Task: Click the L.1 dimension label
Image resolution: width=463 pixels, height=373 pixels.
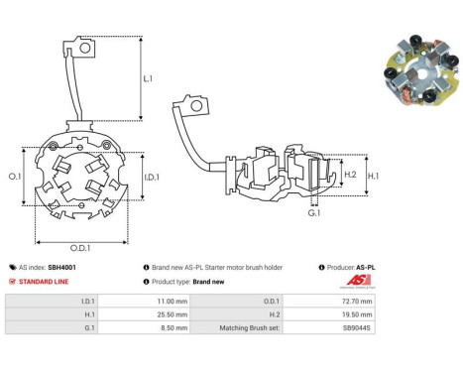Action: (148, 78)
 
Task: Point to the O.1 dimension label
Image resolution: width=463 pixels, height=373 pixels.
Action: (15, 177)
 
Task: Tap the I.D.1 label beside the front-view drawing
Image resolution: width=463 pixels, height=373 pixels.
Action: (152, 178)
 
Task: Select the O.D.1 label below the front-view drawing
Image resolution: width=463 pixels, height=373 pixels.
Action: (80, 248)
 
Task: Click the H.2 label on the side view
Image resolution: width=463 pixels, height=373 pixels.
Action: (350, 175)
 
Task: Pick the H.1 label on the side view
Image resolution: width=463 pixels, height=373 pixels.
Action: (373, 176)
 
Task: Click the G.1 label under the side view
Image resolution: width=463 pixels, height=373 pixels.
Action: (314, 213)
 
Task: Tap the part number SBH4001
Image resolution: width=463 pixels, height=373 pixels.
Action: (61, 267)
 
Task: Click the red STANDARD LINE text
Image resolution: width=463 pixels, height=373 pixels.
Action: (44, 282)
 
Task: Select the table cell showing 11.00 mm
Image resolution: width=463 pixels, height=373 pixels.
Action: (144, 302)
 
